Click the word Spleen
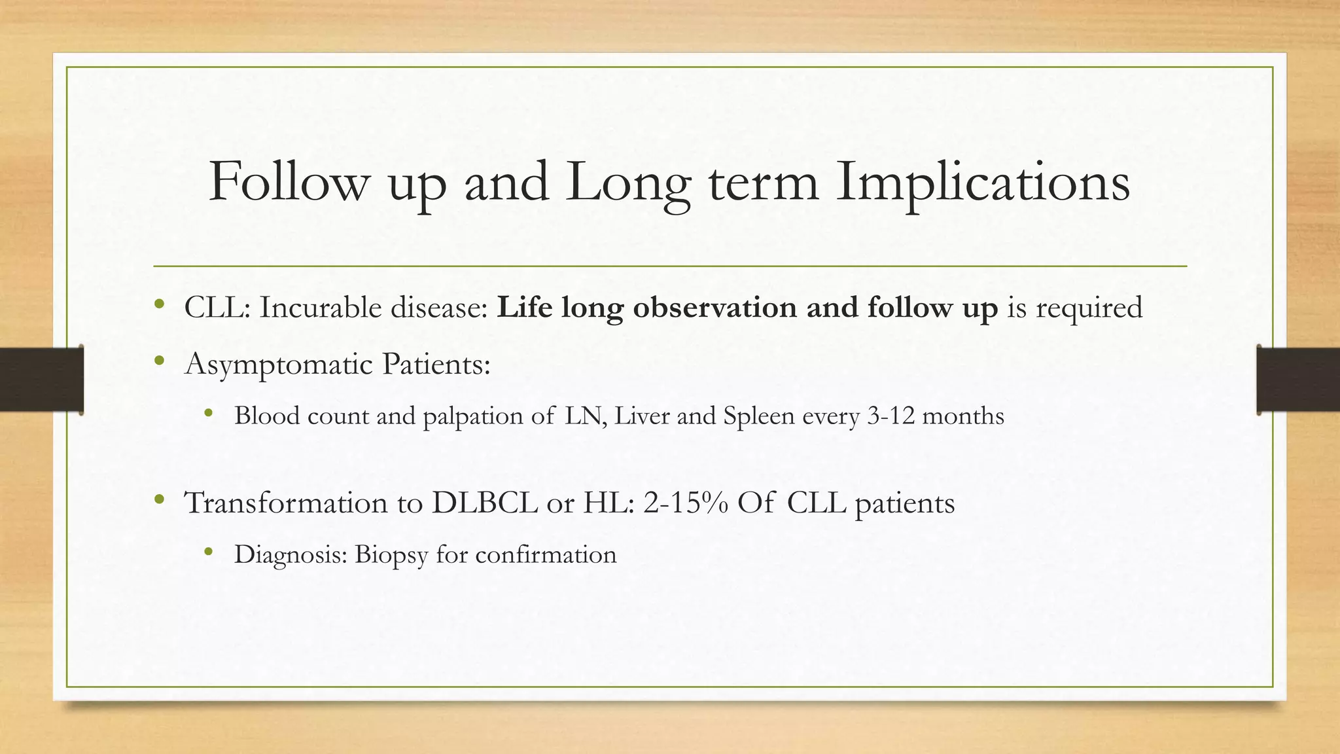[758, 417]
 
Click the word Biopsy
[391, 556]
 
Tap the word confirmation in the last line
[546, 554]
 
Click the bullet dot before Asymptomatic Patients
[159, 361]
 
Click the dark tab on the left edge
[41, 380]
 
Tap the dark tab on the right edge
[1298, 380]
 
